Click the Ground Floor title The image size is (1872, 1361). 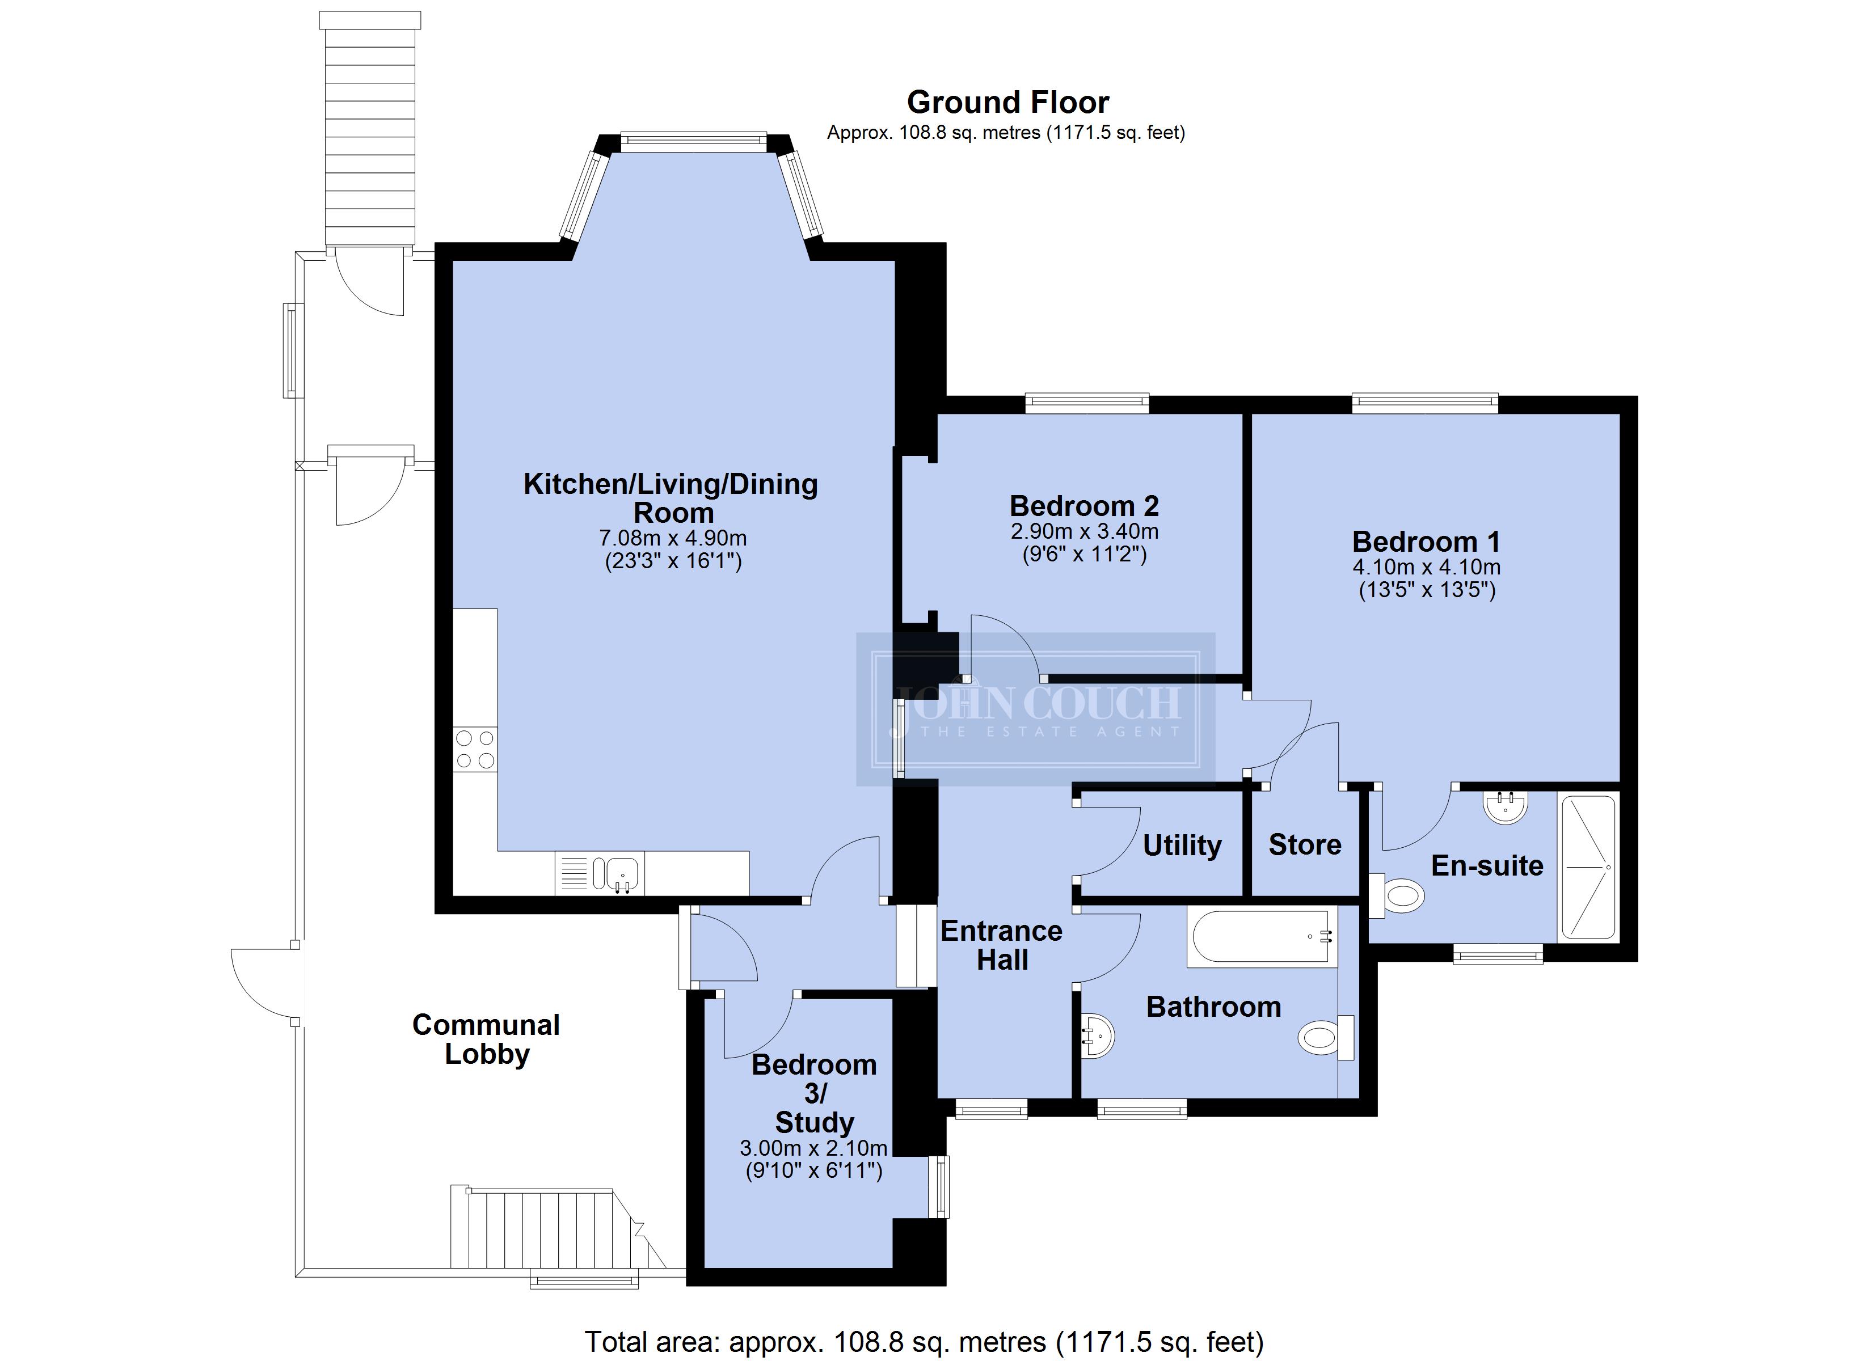click(1008, 102)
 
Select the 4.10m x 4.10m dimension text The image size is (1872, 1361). click(1426, 567)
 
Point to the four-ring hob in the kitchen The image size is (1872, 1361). click(475, 749)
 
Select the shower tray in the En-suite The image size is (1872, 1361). click(1587, 868)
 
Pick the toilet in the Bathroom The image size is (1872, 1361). click(1326, 1037)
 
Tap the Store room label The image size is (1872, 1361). click(1305, 844)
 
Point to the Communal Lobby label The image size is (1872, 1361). click(486, 1039)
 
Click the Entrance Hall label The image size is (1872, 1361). click(1002, 945)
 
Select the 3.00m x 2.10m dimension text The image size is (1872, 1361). click(814, 1148)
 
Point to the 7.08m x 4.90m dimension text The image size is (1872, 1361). click(673, 539)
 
